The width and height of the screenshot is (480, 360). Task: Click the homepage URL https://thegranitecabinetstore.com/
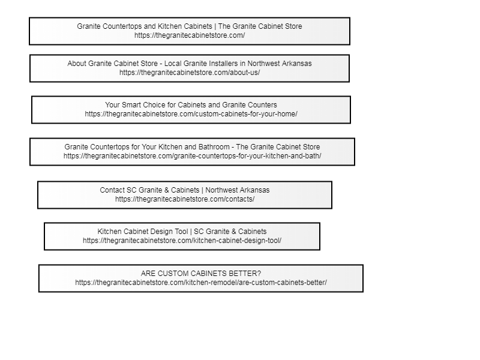tap(190, 35)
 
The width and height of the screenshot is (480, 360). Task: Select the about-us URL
tap(190, 73)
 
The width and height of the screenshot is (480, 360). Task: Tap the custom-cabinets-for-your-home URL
tap(191, 114)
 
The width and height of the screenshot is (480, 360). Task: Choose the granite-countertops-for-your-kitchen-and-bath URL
tap(192, 156)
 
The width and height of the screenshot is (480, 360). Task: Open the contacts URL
tap(185, 199)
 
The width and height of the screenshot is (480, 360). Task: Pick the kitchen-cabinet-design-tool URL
tap(182, 241)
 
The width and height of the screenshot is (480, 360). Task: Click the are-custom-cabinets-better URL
tap(201, 283)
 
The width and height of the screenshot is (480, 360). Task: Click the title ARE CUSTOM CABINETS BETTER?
tap(201, 274)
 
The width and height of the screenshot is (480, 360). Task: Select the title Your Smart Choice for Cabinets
tap(191, 104)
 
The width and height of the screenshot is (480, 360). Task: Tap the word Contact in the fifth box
tap(112, 190)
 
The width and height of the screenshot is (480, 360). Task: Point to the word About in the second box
tap(77, 64)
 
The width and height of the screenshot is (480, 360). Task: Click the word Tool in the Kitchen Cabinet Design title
tap(181, 232)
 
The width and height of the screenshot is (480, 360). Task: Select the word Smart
tap(131, 105)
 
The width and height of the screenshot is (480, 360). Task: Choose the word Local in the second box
tap(173, 64)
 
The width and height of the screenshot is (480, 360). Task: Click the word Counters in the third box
tap(263, 105)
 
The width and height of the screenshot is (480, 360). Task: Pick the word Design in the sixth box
tap(161, 232)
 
